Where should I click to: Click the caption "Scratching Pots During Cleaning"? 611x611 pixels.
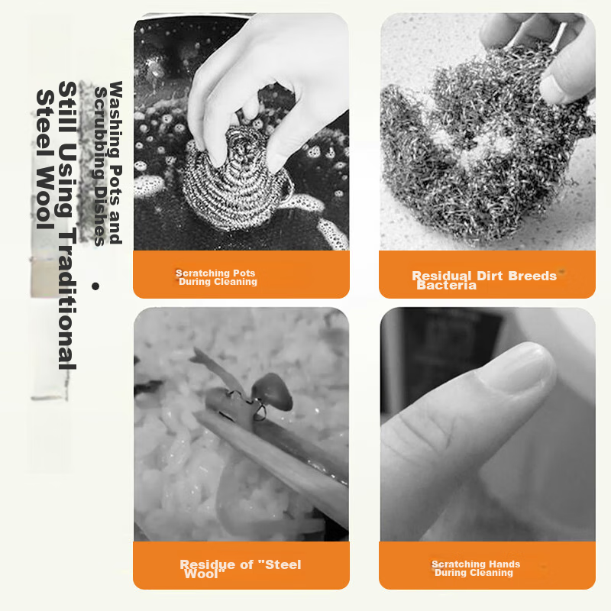tap(217, 277)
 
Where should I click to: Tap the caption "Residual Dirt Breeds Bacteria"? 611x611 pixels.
tap(484, 280)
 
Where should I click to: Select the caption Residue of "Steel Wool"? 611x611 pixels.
tap(240, 568)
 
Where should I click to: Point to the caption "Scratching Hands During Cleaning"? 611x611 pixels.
tap(476, 568)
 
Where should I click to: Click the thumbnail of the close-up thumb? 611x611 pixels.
tap(487, 424)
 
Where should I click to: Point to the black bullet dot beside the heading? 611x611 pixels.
tap(95, 286)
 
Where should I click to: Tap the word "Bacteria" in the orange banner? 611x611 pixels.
tap(446, 286)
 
